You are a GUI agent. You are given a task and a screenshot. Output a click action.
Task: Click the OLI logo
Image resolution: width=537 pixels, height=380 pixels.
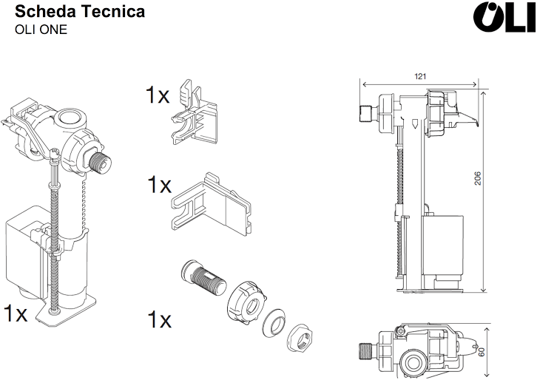pos(503,18)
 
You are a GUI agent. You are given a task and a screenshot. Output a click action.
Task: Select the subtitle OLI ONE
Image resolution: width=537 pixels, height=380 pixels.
pos(41,30)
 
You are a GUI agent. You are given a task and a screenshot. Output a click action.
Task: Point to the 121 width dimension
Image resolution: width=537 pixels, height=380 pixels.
pos(420,76)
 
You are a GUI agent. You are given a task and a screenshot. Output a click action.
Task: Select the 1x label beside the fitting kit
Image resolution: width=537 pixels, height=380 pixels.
pos(158,319)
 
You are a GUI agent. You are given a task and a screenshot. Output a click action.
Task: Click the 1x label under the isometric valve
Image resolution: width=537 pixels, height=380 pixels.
pos(15,313)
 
